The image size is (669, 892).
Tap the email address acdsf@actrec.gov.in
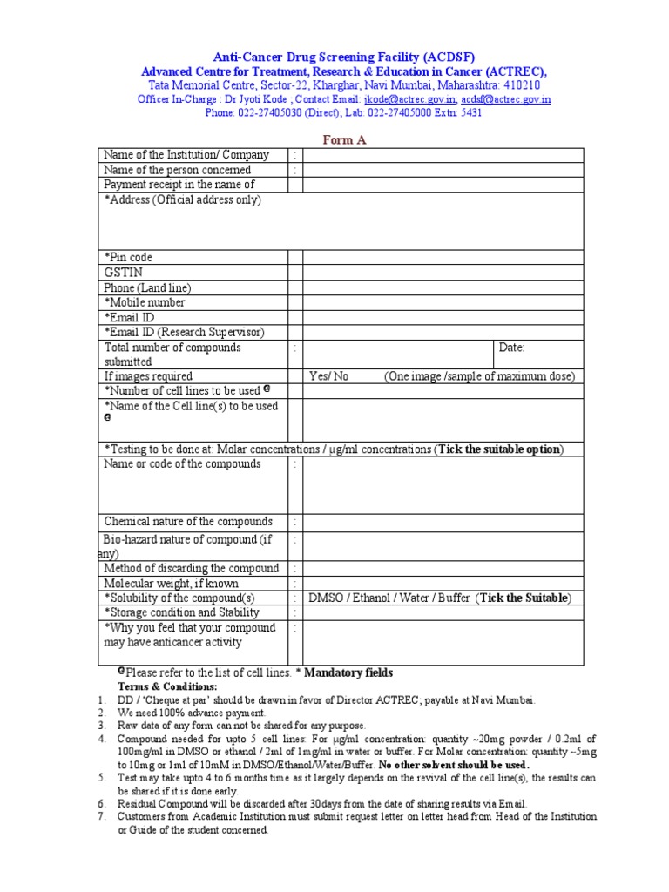click(506, 99)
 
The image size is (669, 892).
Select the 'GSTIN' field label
click(124, 273)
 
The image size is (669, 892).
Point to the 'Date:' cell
click(512, 348)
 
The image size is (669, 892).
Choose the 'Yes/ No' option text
click(329, 376)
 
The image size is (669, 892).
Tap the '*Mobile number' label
click(145, 302)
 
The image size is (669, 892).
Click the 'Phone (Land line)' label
click(147, 287)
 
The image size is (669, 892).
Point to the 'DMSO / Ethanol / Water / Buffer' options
click(389, 598)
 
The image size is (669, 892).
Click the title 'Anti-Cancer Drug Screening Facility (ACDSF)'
click(345, 56)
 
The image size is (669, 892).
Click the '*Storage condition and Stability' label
click(182, 612)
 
